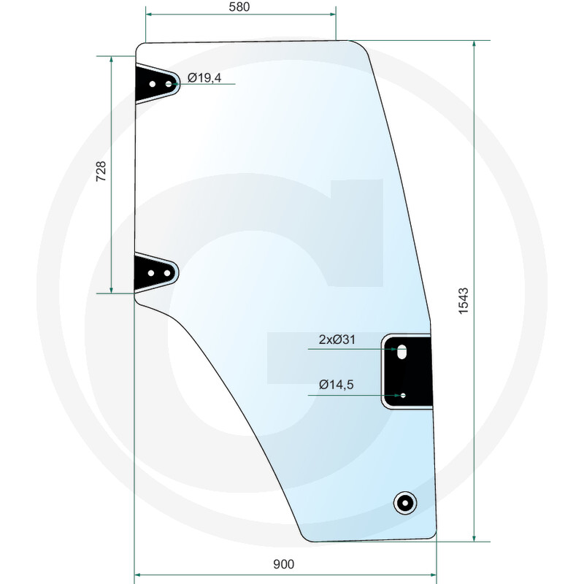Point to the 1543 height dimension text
[464, 301]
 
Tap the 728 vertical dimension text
[101, 172]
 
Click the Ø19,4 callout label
[204, 77]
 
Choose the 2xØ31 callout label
[337, 339]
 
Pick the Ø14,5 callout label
[336, 385]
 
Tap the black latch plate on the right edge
[408, 371]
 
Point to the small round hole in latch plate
[402, 396]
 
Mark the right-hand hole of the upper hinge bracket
[169, 85]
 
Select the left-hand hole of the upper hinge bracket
[152, 85]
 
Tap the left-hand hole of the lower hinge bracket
[151, 273]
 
